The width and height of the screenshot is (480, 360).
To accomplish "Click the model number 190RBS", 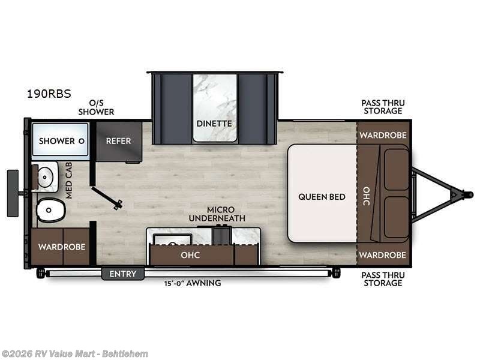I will (x=49, y=94).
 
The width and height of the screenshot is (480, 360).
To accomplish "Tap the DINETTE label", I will (x=215, y=124).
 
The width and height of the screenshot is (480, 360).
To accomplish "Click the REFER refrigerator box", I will (x=119, y=141).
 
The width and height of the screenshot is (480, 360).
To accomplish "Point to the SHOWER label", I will (x=57, y=141).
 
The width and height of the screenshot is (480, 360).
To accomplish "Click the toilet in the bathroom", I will (x=50, y=211).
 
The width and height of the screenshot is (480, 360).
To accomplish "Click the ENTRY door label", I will (x=123, y=274).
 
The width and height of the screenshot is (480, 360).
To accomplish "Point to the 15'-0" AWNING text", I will (x=193, y=283).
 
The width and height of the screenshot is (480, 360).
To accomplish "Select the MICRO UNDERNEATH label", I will (x=217, y=214).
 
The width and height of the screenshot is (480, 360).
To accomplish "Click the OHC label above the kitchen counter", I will (x=190, y=255).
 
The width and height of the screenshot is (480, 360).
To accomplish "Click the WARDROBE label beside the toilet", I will (x=62, y=247).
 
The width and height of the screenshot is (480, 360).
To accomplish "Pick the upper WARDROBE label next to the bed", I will (x=383, y=135).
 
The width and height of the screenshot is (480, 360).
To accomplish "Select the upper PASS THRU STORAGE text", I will (x=382, y=107).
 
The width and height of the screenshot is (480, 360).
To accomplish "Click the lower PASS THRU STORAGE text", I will (x=382, y=279).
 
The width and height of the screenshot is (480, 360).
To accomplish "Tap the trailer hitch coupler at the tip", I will (x=467, y=194).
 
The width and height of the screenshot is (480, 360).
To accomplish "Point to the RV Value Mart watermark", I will (x=74, y=353).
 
